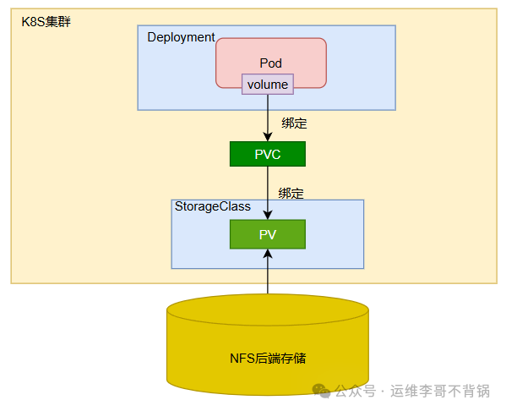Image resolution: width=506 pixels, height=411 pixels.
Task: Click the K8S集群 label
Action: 46,21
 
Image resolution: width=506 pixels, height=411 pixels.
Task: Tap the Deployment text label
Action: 181,37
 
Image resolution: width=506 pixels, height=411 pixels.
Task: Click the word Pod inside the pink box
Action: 270,63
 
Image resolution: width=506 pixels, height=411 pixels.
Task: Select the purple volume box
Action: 268,85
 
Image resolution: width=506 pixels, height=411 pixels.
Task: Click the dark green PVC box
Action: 268,154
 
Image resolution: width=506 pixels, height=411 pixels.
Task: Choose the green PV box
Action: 268,234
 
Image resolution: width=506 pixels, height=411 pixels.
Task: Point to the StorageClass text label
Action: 212,206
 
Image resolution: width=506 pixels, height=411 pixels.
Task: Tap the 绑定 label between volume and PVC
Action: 294,123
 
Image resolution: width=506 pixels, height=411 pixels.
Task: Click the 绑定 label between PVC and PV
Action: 291,193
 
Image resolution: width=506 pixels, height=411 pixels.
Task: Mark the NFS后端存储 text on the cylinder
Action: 268,359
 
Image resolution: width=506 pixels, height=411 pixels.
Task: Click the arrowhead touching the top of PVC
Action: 268,136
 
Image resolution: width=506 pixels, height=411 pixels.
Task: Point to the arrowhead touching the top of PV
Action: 268,214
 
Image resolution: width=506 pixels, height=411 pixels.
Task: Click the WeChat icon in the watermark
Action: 321,390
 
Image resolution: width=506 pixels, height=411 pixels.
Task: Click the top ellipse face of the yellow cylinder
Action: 268,310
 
